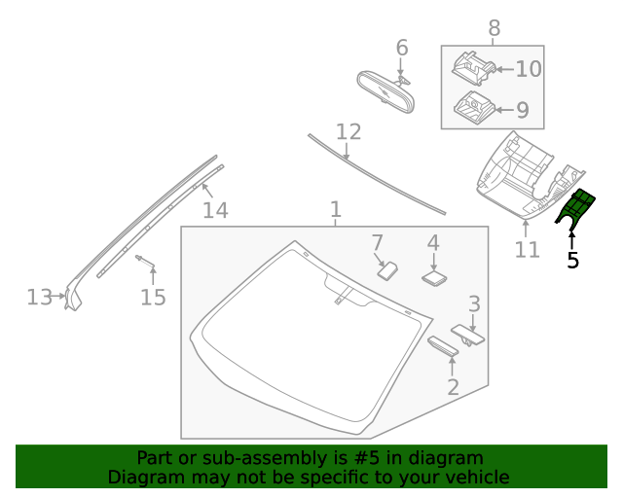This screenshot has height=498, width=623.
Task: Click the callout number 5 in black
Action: tap(572, 260)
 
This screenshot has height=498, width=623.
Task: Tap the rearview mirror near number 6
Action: tap(385, 92)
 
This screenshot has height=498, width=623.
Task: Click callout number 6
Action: tap(402, 47)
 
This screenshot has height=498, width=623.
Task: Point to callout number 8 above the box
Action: tap(494, 27)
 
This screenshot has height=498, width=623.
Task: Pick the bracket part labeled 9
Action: tap(472, 105)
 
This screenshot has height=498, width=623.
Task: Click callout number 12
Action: tap(348, 131)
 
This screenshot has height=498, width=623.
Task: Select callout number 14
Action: tap(215, 209)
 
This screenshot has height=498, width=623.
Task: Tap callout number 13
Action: tap(39, 297)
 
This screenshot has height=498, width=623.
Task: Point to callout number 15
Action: tap(153, 297)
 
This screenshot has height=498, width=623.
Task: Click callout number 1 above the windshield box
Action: tap(335, 209)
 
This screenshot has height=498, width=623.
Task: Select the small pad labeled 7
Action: tap(387, 268)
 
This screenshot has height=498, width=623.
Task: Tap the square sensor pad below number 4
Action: tap(434, 276)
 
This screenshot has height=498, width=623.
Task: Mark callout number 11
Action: tap(527, 250)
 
